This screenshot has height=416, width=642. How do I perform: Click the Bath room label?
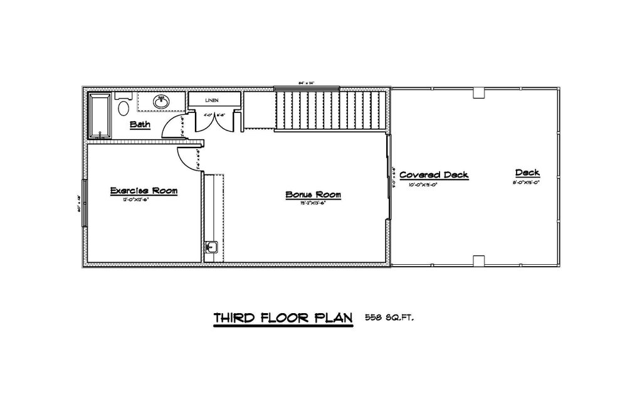tap(140, 124)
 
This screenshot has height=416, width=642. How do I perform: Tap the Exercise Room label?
tap(144, 190)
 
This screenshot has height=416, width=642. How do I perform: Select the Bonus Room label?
tap(313, 195)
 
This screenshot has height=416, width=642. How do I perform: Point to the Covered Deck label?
tap(434, 175)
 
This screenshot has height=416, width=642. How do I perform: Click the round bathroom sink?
tap(162, 100)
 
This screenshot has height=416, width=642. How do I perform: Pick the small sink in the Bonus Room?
tap(211, 248)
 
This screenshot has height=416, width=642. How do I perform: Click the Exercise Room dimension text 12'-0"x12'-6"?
tap(144, 200)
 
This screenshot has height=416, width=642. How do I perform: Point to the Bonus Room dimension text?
tap(313, 203)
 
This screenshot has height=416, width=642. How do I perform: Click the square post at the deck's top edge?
tap(479, 92)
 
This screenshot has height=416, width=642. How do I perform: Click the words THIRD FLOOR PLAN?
tap(283, 318)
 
